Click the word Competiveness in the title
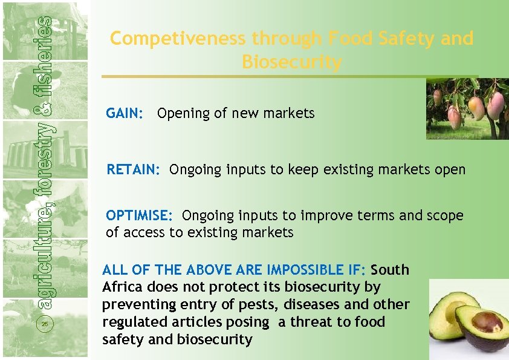point(178,39)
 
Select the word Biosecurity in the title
point(291,62)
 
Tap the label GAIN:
point(125,113)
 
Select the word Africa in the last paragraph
point(125,287)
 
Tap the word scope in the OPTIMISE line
point(445,215)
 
